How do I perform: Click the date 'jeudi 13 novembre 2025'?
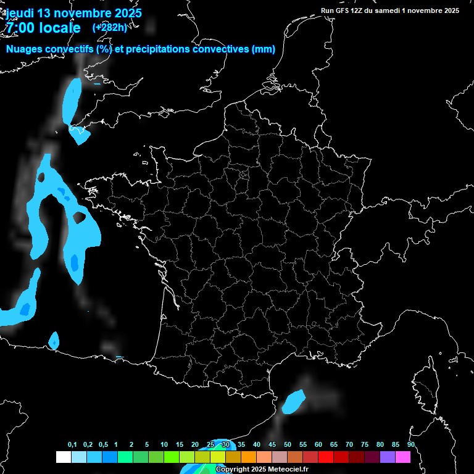[73, 13]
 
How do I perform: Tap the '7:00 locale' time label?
[43, 28]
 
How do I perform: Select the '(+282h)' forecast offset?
[109, 27]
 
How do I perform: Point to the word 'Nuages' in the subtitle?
[24, 50]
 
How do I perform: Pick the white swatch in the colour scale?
[63, 457]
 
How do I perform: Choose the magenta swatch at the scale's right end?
[403, 457]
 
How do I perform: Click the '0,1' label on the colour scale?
[72, 445]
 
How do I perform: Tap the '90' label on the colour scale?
[410, 445]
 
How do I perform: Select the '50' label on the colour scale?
[288, 445]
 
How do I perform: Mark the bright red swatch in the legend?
[326, 457]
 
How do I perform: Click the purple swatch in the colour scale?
[388, 457]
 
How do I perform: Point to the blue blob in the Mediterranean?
[294, 401]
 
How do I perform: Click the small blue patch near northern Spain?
[54, 340]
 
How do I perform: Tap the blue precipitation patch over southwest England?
[72, 102]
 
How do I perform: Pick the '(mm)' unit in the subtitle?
[264, 50]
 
